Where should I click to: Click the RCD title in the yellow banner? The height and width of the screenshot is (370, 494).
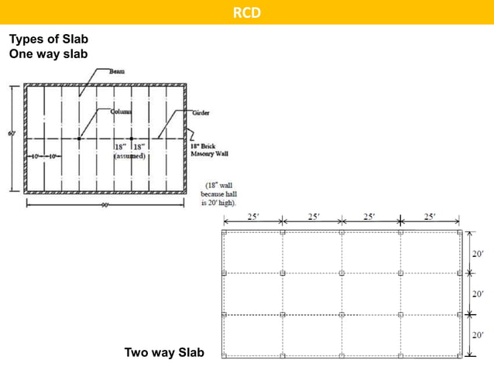[x=246, y=12]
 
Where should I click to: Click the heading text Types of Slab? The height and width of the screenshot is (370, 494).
[x=48, y=40]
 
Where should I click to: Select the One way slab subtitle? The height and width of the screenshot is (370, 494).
[x=48, y=54]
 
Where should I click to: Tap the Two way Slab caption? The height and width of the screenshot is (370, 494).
[x=164, y=353]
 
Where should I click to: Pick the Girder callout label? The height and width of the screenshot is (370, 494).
[x=201, y=113]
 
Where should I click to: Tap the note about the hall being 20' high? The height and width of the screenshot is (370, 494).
[x=218, y=194]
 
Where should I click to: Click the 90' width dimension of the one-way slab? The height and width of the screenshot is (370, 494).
[x=104, y=205]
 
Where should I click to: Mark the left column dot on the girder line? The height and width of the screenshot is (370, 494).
[x=79, y=139]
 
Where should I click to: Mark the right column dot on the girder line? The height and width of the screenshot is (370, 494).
[x=132, y=139]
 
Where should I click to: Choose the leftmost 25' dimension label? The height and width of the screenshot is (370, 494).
[x=253, y=217]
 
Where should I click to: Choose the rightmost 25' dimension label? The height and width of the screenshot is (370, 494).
[x=430, y=217]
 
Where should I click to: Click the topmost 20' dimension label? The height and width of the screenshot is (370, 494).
[x=478, y=253]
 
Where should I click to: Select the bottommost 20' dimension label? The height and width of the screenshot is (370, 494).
[x=478, y=335]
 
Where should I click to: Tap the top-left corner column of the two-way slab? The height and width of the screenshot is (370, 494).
[x=224, y=231]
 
